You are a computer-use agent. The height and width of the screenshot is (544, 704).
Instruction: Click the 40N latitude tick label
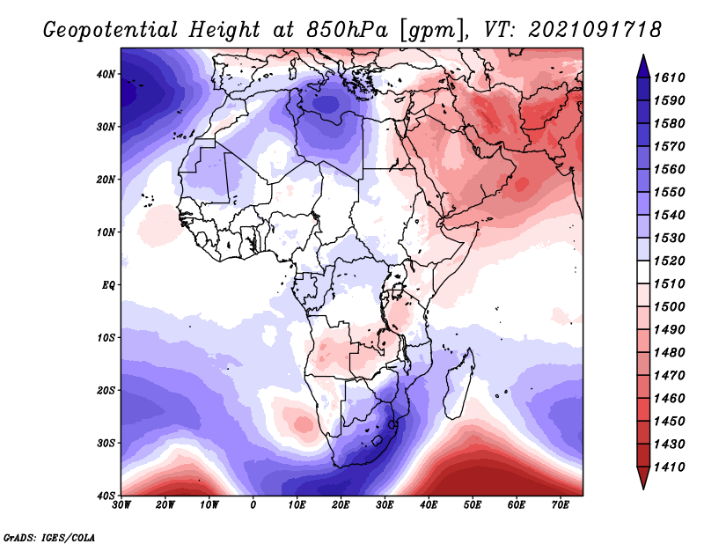pos(106,74)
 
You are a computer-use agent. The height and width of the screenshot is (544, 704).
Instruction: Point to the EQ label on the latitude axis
pos(108,285)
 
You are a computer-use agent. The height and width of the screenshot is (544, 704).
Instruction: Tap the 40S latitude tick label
pos(106,496)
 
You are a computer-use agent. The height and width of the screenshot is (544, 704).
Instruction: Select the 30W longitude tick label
pos(121,505)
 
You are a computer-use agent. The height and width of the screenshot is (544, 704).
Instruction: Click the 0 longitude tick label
pos(253,505)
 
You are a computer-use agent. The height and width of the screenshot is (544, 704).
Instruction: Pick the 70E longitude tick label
pos(560,505)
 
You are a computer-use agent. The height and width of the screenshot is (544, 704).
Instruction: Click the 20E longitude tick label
pos(341,505)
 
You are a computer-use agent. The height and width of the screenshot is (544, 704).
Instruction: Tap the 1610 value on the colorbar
pos(670,77)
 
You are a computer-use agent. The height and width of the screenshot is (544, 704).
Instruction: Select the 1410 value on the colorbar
pos(670,467)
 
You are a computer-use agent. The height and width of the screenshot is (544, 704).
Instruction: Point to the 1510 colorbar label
pos(670,284)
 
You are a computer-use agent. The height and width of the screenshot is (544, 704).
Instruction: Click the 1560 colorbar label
pos(670,169)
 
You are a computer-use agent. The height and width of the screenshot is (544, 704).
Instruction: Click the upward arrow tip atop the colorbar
pos(643,55)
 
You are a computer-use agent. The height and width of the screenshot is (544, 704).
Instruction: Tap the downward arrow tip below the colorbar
pos(643,489)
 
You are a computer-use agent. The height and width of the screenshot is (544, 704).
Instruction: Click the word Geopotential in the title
pos(111,31)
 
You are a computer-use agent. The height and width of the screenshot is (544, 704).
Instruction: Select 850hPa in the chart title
pos(347,30)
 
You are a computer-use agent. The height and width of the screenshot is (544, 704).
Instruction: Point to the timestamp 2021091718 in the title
pos(595,30)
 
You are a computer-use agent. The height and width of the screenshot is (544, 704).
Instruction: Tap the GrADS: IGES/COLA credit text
pos(49,537)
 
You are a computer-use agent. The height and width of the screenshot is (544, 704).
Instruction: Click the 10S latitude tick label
pos(106,338)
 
